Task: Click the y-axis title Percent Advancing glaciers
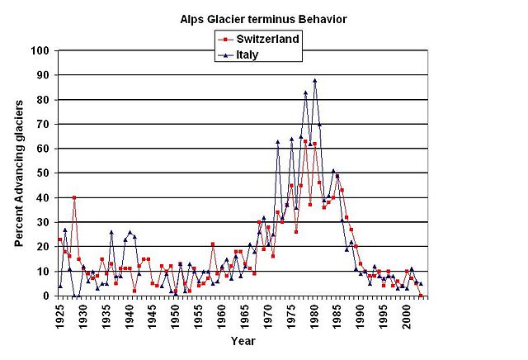18,172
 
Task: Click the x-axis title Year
242,339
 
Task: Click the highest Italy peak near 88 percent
314,81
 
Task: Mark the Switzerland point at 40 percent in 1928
74,197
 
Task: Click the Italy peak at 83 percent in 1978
305,92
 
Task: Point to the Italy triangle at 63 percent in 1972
277,141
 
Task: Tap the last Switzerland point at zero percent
421,296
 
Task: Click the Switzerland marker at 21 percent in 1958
213,244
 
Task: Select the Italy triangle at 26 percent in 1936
111,232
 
